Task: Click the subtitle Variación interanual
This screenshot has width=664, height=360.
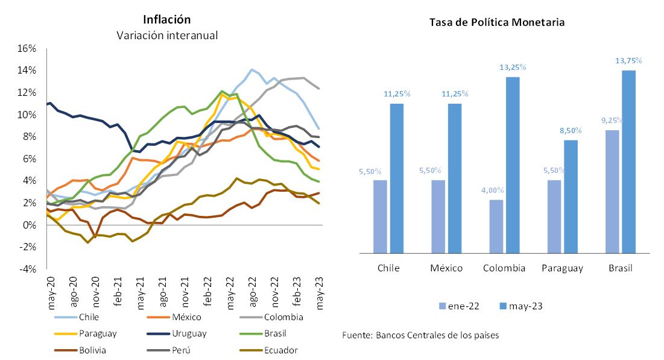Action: (167, 36)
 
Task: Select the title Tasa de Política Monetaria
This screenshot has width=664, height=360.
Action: (497, 22)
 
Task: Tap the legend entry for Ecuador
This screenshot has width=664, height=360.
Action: (281, 350)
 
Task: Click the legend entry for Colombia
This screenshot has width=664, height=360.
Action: (283, 317)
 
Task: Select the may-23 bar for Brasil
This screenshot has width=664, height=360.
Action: (628, 162)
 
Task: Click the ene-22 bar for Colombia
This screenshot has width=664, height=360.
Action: (495, 226)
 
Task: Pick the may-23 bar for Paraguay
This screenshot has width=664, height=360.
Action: (571, 197)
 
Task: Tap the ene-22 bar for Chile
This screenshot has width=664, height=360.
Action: (381, 216)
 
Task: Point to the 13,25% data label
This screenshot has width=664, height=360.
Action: (513, 67)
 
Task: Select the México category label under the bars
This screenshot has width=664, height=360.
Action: (446, 268)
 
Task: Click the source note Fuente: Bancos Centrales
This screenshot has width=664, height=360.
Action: (420, 335)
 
